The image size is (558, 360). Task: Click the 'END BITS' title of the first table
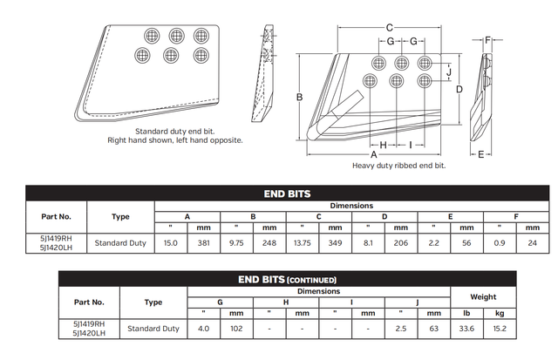pos(287,194)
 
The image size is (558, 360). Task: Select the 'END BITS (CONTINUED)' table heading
pos(287,280)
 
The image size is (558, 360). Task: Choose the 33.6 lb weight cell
pos(466,329)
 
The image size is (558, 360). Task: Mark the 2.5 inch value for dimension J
pos(400,329)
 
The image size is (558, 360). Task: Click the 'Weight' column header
pos(482,296)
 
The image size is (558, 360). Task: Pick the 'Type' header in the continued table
pos(153,302)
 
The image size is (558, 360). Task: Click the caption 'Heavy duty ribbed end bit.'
pos(398,166)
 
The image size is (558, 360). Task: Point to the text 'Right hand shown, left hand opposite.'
pos(174,139)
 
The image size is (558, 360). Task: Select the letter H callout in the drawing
pos(383,144)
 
